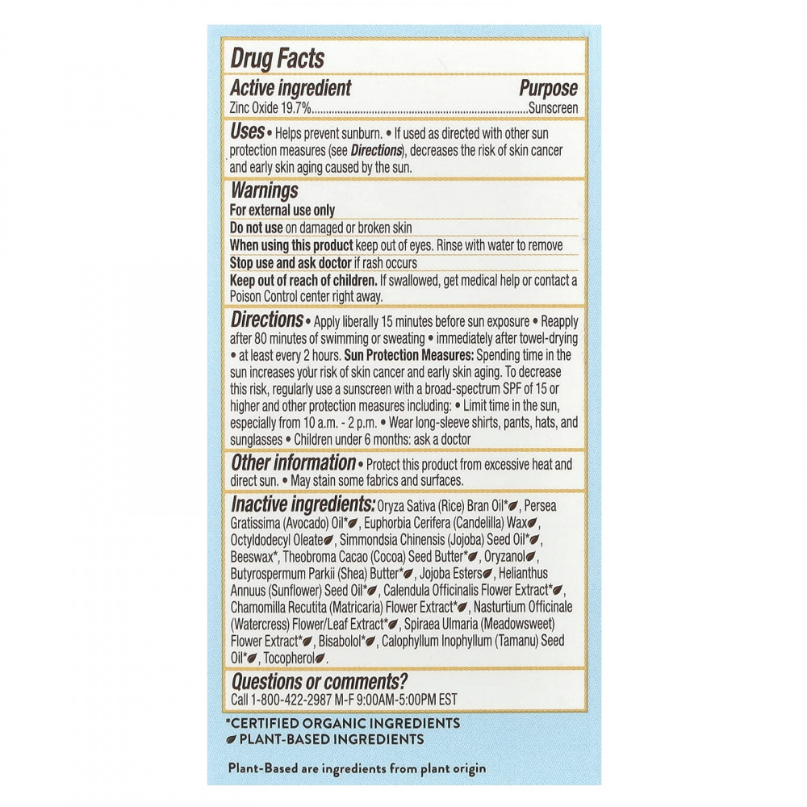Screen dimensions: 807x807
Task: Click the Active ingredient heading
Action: click(291, 89)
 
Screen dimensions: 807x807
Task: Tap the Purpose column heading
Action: click(548, 89)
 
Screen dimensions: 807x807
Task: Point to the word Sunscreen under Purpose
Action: click(553, 108)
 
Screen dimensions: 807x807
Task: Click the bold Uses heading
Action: click(247, 132)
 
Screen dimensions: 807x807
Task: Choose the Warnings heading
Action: click(264, 191)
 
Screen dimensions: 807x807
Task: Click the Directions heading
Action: click(266, 320)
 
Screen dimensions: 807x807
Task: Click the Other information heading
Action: click(293, 463)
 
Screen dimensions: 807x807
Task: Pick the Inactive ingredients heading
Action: click(303, 505)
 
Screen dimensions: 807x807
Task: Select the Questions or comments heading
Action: click(319, 681)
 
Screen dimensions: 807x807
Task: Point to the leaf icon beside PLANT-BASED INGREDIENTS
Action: click(232, 738)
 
